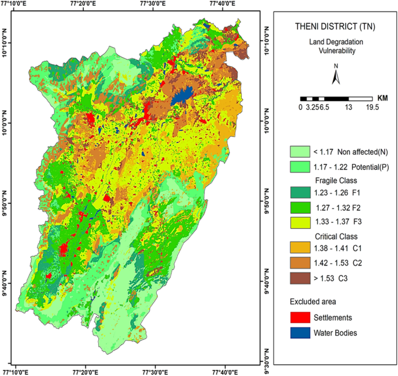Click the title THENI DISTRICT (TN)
pyautogui.click(x=335, y=27)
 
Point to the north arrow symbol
pyautogui.click(x=336, y=74)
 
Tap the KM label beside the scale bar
pyautogui.click(x=382, y=98)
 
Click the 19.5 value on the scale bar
pyautogui.click(x=372, y=107)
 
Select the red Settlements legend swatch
pyautogui.click(x=300, y=317)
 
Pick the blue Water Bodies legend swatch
pyautogui.click(x=300, y=333)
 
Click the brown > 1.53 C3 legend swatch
pyautogui.click(x=300, y=278)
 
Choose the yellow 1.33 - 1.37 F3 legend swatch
pyautogui.click(x=300, y=223)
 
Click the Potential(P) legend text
pyautogui.click(x=370, y=167)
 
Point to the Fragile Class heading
pyautogui.click(x=336, y=181)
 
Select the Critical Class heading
pyautogui.click(x=336, y=237)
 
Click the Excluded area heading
pyautogui.click(x=313, y=302)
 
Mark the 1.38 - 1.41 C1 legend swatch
pyautogui.click(x=300, y=248)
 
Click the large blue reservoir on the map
pyautogui.click(x=182, y=95)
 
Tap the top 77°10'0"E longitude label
pyautogui.click(x=13, y=3)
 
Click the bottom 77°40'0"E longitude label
pyautogui.click(x=225, y=373)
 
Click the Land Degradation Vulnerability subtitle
pyautogui.click(x=336, y=46)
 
